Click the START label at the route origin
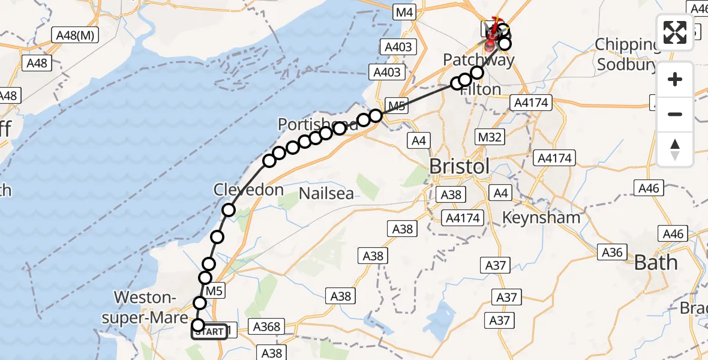click(x=209, y=331)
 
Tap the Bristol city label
click(x=460, y=166)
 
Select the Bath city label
click(x=655, y=262)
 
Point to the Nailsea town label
click(x=327, y=193)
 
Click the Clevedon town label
click(x=248, y=190)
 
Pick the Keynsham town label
click(x=542, y=217)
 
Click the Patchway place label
click(x=479, y=60)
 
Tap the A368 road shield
click(x=266, y=327)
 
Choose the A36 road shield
click(x=611, y=253)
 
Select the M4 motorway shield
click(x=405, y=11)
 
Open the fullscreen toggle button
click(x=675, y=32)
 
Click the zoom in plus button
click(x=675, y=79)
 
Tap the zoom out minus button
click(x=675, y=114)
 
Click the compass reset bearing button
click(x=675, y=149)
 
